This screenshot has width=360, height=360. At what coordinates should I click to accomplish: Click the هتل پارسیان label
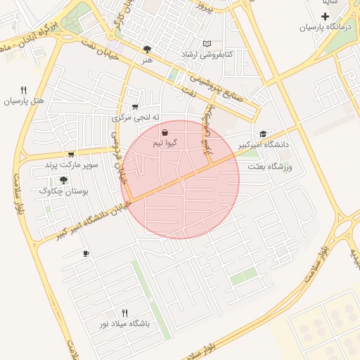(x=25, y=101)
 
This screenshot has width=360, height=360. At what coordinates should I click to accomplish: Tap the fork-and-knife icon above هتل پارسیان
(x=24, y=90)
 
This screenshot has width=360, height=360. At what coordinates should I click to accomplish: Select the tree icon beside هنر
(x=147, y=49)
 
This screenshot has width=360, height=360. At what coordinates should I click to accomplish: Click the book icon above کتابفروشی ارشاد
(x=206, y=44)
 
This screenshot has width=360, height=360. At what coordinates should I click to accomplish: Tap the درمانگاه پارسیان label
(x=324, y=27)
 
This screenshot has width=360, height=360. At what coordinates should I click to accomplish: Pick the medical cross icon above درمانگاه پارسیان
(x=324, y=16)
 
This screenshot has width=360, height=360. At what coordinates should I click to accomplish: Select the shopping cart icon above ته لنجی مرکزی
(x=135, y=106)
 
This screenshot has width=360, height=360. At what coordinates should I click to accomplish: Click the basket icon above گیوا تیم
(x=165, y=132)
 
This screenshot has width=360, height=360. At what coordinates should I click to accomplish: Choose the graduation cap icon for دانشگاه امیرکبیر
(x=263, y=134)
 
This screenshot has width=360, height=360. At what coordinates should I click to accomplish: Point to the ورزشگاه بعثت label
(x=274, y=167)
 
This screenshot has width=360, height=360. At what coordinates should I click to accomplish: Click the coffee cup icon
(x=86, y=253)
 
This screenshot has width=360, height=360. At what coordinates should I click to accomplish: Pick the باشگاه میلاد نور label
(x=125, y=324)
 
